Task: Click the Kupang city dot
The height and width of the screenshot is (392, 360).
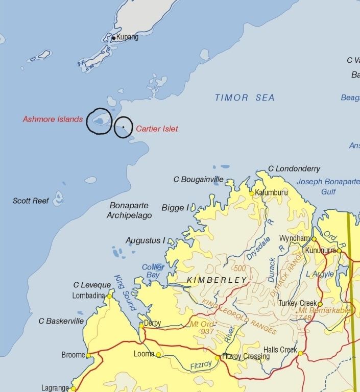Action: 114,38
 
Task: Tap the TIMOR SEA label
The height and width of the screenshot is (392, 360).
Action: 245,97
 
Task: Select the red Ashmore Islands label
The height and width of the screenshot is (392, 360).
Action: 53,119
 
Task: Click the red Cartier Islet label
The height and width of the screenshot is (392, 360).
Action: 157,129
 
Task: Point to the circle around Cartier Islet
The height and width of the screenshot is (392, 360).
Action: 124,127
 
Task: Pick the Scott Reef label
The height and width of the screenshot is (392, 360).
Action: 31,201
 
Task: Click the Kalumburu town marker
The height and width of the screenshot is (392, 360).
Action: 252,193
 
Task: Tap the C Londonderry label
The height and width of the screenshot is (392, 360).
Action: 294,169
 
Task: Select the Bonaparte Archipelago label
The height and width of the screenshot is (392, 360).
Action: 129,211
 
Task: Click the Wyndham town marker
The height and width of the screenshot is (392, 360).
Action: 315,239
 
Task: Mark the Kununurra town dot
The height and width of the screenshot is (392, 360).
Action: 339,251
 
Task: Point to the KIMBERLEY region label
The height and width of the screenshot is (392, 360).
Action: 217,280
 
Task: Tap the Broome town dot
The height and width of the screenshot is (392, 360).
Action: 88,355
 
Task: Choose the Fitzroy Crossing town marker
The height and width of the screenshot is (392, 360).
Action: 218,358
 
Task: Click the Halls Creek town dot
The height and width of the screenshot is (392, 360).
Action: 301,353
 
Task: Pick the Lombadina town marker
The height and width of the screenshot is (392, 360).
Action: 109,296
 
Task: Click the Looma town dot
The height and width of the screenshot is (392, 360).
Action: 158,355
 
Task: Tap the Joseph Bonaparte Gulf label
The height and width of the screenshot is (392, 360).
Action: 328,187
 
